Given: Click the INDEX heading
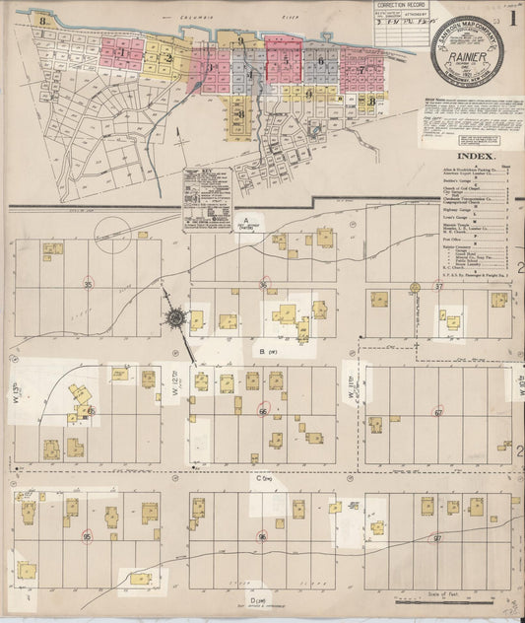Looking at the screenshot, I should pos(477,156).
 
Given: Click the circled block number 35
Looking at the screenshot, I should pos(89,284).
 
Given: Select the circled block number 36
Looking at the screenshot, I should pos(263,284).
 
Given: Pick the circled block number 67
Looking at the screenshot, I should pos(438,412).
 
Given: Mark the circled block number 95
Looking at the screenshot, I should pos(88,536).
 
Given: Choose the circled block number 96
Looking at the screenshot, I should pos(262,537).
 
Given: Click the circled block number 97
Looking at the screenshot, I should pos(437,538).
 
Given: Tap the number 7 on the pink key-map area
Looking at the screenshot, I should pos(361,70).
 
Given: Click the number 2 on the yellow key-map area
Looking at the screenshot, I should pos(168,57).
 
